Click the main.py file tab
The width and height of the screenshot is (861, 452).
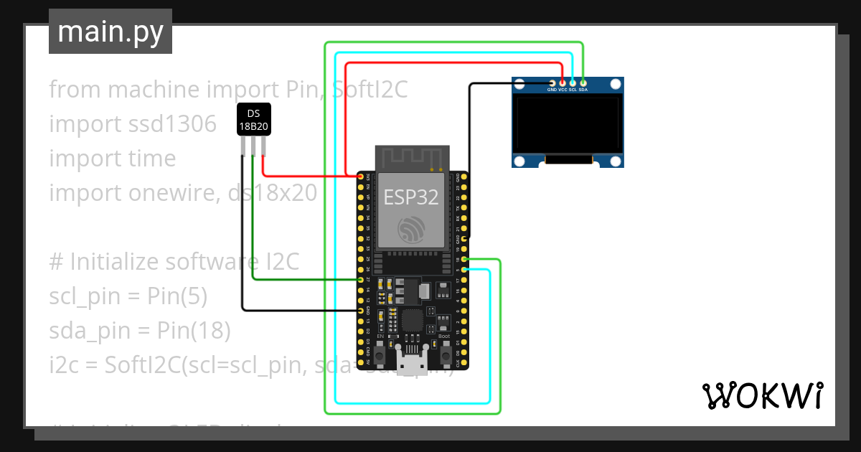click(x=110, y=32)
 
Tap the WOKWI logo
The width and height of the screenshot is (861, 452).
click(x=762, y=395)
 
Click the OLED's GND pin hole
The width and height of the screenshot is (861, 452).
click(x=552, y=83)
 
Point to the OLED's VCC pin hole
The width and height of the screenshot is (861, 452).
click(x=563, y=83)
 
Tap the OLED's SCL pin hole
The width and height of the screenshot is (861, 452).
click(x=573, y=83)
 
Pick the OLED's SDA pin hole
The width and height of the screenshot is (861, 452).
click(x=583, y=83)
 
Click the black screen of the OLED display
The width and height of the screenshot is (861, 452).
click(x=567, y=126)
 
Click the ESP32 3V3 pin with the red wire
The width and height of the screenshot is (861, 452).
click(x=360, y=176)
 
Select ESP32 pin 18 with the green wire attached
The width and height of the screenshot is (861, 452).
click(x=465, y=259)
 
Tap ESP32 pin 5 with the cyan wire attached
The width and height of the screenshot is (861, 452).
click(x=465, y=269)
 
